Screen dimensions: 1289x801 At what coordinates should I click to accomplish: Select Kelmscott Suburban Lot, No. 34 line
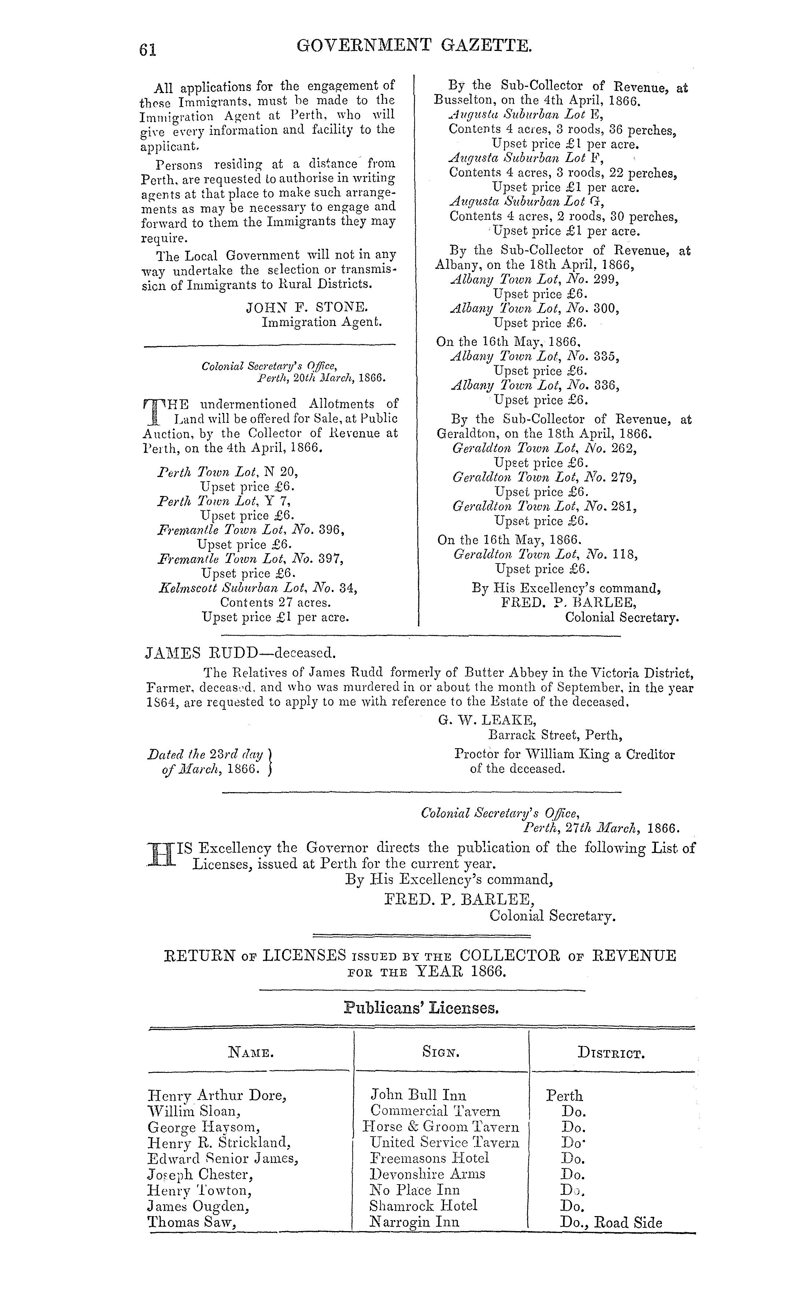(x=258, y=588)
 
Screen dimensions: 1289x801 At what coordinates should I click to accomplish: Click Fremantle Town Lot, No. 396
(x=252, y=530)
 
